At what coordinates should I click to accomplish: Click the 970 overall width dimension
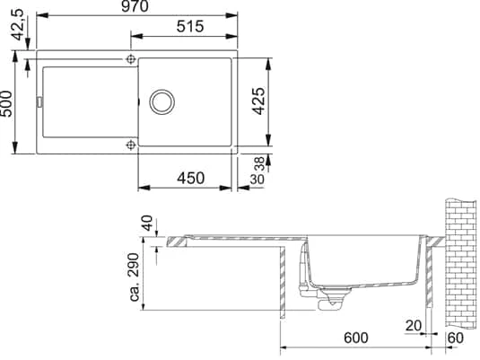coord(135,6)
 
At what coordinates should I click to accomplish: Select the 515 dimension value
coord(190,27)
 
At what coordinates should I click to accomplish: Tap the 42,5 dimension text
coord(18,24)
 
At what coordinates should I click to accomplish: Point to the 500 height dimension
coord(6,103)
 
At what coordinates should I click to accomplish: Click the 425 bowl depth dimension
coord(258,101)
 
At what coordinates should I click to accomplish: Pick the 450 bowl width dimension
coord(190,179)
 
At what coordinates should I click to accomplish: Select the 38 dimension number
coord(259,163)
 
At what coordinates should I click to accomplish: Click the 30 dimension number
coord(257,180)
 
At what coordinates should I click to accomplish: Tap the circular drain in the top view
coord(161,102)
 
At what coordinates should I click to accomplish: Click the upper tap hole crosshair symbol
coord(131,59)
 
